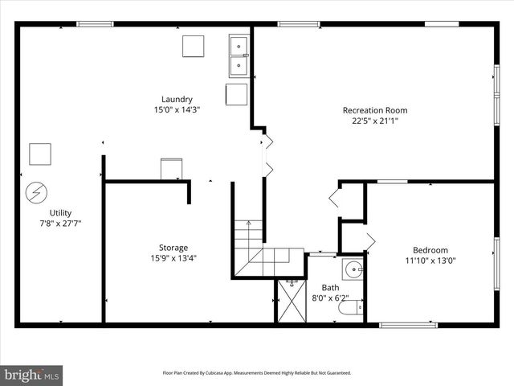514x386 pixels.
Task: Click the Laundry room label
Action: (177, 100)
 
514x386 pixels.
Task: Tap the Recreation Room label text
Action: (374, 110)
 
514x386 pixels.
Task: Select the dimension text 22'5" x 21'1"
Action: (374, 121)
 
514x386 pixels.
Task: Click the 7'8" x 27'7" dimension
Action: (61, 223)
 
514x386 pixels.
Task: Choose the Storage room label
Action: (173, 248)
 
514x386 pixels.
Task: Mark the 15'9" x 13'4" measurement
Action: (173, 258)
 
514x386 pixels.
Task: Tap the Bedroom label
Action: (430, 250)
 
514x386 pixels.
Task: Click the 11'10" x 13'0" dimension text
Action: (430, 261)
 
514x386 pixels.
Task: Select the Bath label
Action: (331, 287)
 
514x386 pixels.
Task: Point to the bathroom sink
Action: (352, 269)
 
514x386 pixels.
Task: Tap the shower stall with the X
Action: (292, 302)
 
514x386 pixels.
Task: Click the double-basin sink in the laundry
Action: (238, 54)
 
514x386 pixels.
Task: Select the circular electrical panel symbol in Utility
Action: (35, 193)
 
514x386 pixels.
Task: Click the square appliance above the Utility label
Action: (40, 154)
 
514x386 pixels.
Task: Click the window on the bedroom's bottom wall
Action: (397, 325)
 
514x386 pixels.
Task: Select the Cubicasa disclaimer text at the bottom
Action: (257, 373)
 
